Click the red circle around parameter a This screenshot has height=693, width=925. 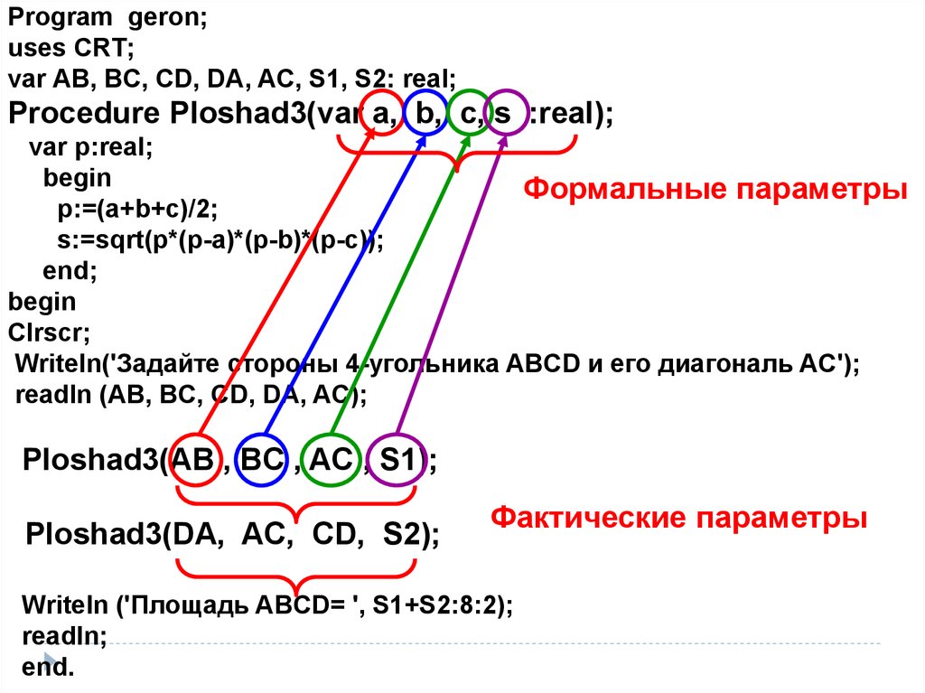(x=381, y=114)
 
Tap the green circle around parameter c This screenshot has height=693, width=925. (x=469, y=114)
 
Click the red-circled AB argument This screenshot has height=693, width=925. (x=193, y=460)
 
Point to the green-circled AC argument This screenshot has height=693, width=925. (x=330, y=460)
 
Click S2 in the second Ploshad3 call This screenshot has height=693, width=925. (x=405, y=534)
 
